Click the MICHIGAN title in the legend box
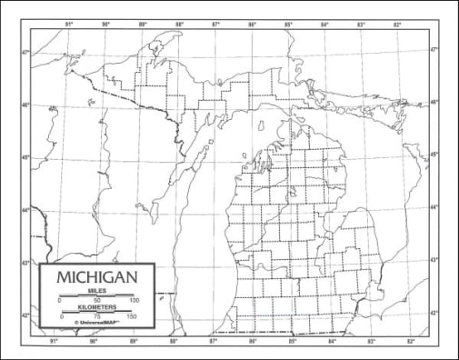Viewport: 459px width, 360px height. tap(97, 275)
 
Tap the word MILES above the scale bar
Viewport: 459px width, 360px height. tap(97, 290)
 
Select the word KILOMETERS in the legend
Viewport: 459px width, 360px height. tap(97, 306)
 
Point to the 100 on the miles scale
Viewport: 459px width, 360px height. tap(135, 300)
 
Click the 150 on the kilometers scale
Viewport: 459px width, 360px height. tap(133, 316)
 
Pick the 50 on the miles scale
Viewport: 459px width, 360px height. tap(97, 300)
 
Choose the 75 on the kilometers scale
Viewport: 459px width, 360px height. tap(97, 316)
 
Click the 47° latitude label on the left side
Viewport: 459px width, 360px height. tap(26, 52)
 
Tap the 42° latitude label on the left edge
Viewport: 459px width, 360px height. tap(26, 315)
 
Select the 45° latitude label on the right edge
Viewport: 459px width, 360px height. tap(434, 155)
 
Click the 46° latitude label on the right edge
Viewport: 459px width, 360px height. tap(434, 102)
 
